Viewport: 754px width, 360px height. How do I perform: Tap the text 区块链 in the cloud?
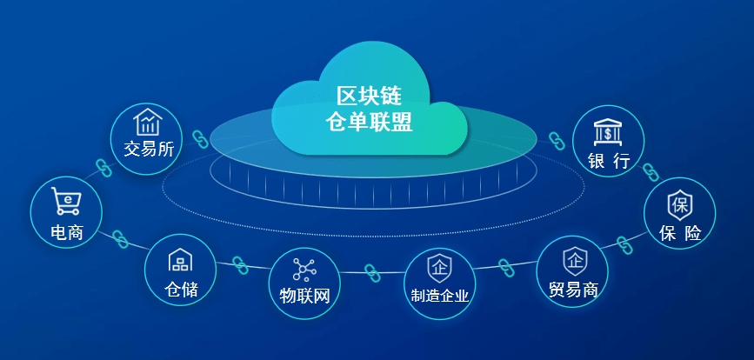point(370,95)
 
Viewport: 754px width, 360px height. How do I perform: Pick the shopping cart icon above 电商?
point(66,201)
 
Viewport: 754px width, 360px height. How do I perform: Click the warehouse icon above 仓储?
point(180,260)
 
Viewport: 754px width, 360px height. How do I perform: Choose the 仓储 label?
point(181,289)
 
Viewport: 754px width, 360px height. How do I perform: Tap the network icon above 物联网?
point(304,269)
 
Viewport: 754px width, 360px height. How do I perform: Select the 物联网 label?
point(304,296)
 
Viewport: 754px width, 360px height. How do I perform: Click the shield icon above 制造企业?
point(439,266)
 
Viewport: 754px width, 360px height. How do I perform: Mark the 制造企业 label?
point(440,296)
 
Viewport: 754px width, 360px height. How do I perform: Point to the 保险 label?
point(680,233)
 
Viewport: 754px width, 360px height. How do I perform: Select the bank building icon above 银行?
point(608,132)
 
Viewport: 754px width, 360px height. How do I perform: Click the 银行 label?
point(608,161)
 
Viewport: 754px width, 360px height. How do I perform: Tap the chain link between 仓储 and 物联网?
point(241,265)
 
